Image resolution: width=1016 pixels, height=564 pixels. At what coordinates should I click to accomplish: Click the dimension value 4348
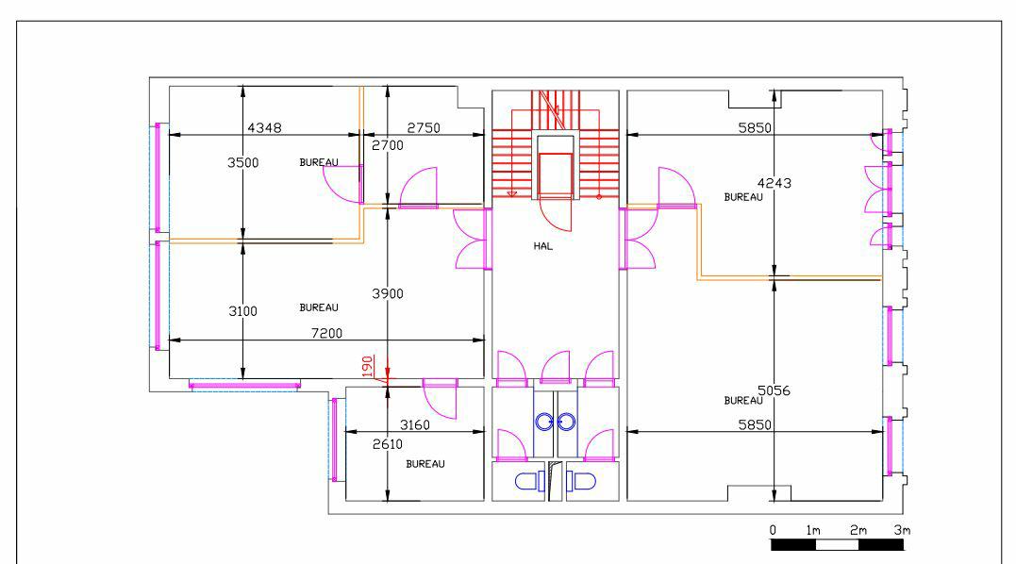tap(264, 127)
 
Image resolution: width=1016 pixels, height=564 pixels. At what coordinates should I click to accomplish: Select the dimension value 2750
tap(424, 127)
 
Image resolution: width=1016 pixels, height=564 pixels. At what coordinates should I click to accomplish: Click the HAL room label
tap(541, 246)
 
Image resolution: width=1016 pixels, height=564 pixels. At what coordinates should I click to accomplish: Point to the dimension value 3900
tap(387, 293)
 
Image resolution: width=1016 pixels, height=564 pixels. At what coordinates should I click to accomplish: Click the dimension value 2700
tap(387, 145)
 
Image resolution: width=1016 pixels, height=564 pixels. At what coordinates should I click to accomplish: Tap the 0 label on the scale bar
tap(773, 530)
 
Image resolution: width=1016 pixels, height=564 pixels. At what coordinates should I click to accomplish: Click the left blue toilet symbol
tap(528, 481)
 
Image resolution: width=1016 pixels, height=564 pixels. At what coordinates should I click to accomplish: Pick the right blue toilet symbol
tap(583, 481)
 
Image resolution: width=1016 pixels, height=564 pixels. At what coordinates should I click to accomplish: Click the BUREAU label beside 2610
tap(425, 464)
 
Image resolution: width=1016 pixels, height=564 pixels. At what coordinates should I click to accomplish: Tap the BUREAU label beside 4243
tap(742, 197)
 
